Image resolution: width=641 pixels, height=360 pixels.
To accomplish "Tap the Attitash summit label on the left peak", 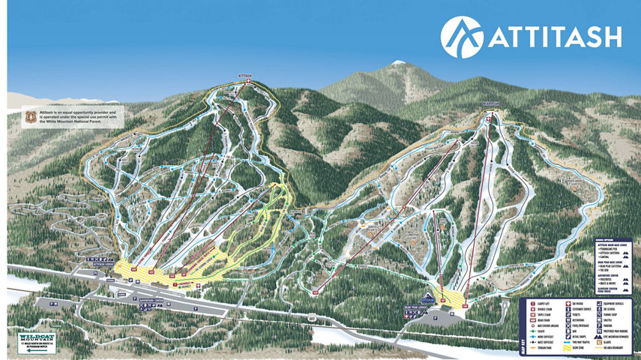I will [245, 75].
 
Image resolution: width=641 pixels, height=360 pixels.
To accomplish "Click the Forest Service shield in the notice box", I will [30, 118].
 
